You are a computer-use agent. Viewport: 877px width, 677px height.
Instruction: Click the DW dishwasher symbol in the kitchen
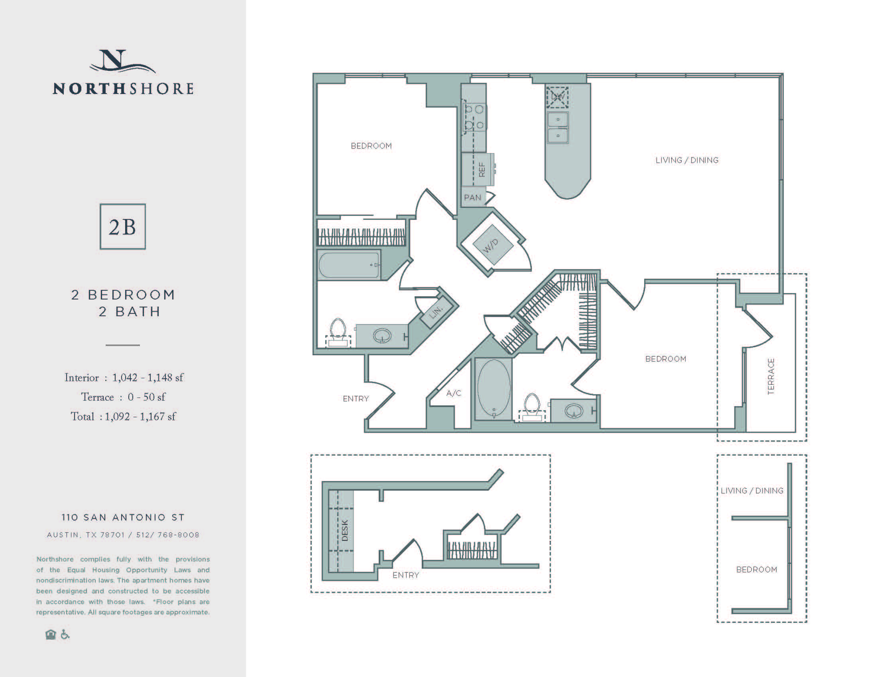pos(558,97)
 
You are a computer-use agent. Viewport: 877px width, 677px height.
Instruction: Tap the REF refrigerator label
pos(482,170)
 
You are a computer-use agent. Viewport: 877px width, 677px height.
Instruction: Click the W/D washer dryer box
pos(493,245)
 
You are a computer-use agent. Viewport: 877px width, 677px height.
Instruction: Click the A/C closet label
pos(454,393)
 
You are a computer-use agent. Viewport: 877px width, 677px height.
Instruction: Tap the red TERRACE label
pos(771,377)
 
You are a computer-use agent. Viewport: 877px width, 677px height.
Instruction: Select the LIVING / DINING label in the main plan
pos(687,160)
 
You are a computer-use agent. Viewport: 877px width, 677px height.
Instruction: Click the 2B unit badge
pos(122,227)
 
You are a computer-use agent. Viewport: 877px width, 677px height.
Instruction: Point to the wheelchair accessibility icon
pos(65,634)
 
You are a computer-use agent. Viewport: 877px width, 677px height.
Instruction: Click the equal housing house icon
pos(51,635)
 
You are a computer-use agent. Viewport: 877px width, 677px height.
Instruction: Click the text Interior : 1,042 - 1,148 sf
pos(124,378)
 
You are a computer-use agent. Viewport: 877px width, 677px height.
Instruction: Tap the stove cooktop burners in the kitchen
pos(474,117)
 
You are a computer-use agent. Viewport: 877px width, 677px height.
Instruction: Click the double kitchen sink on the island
pos(558,127)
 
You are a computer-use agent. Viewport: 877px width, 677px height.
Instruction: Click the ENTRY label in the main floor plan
pos(355,399)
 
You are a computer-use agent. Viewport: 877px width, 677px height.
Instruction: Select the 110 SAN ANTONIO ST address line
pos(123,517)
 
